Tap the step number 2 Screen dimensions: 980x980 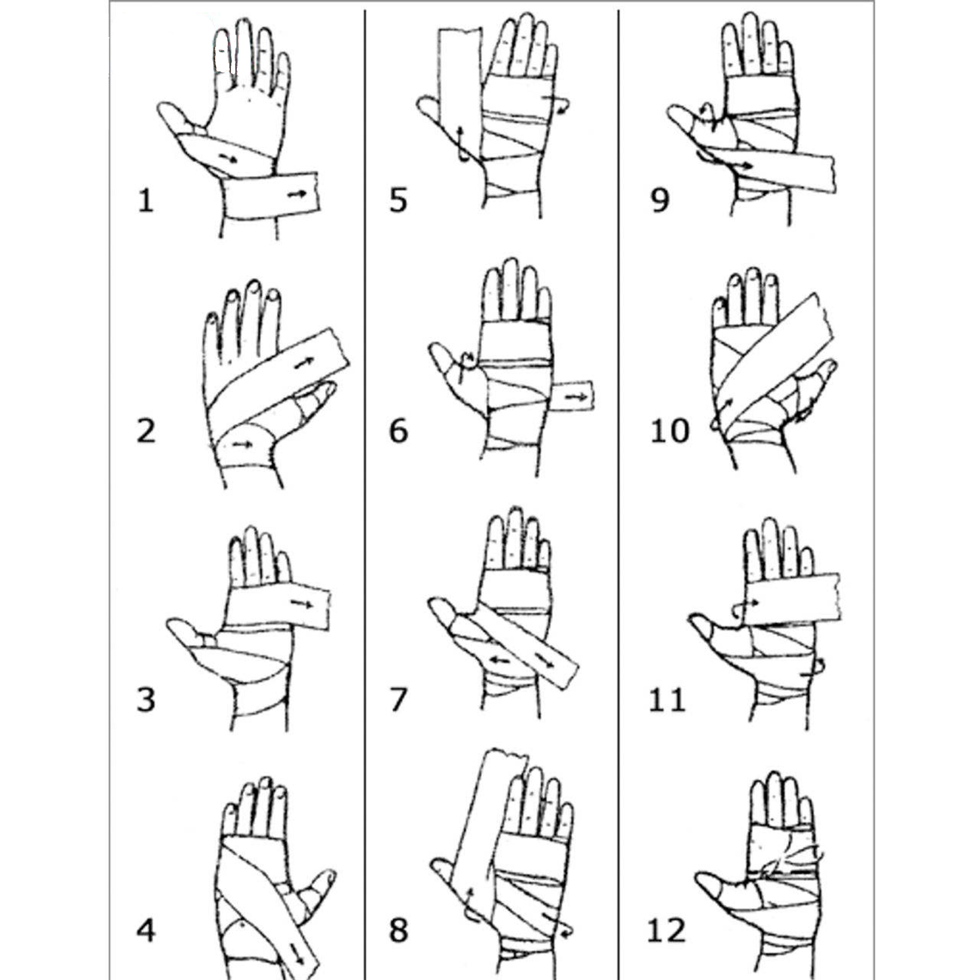(146, 432)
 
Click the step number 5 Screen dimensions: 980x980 (398, 201)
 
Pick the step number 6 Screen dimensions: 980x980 (398, 432)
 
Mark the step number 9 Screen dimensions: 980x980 (659, 201)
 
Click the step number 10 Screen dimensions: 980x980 (670, 432)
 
